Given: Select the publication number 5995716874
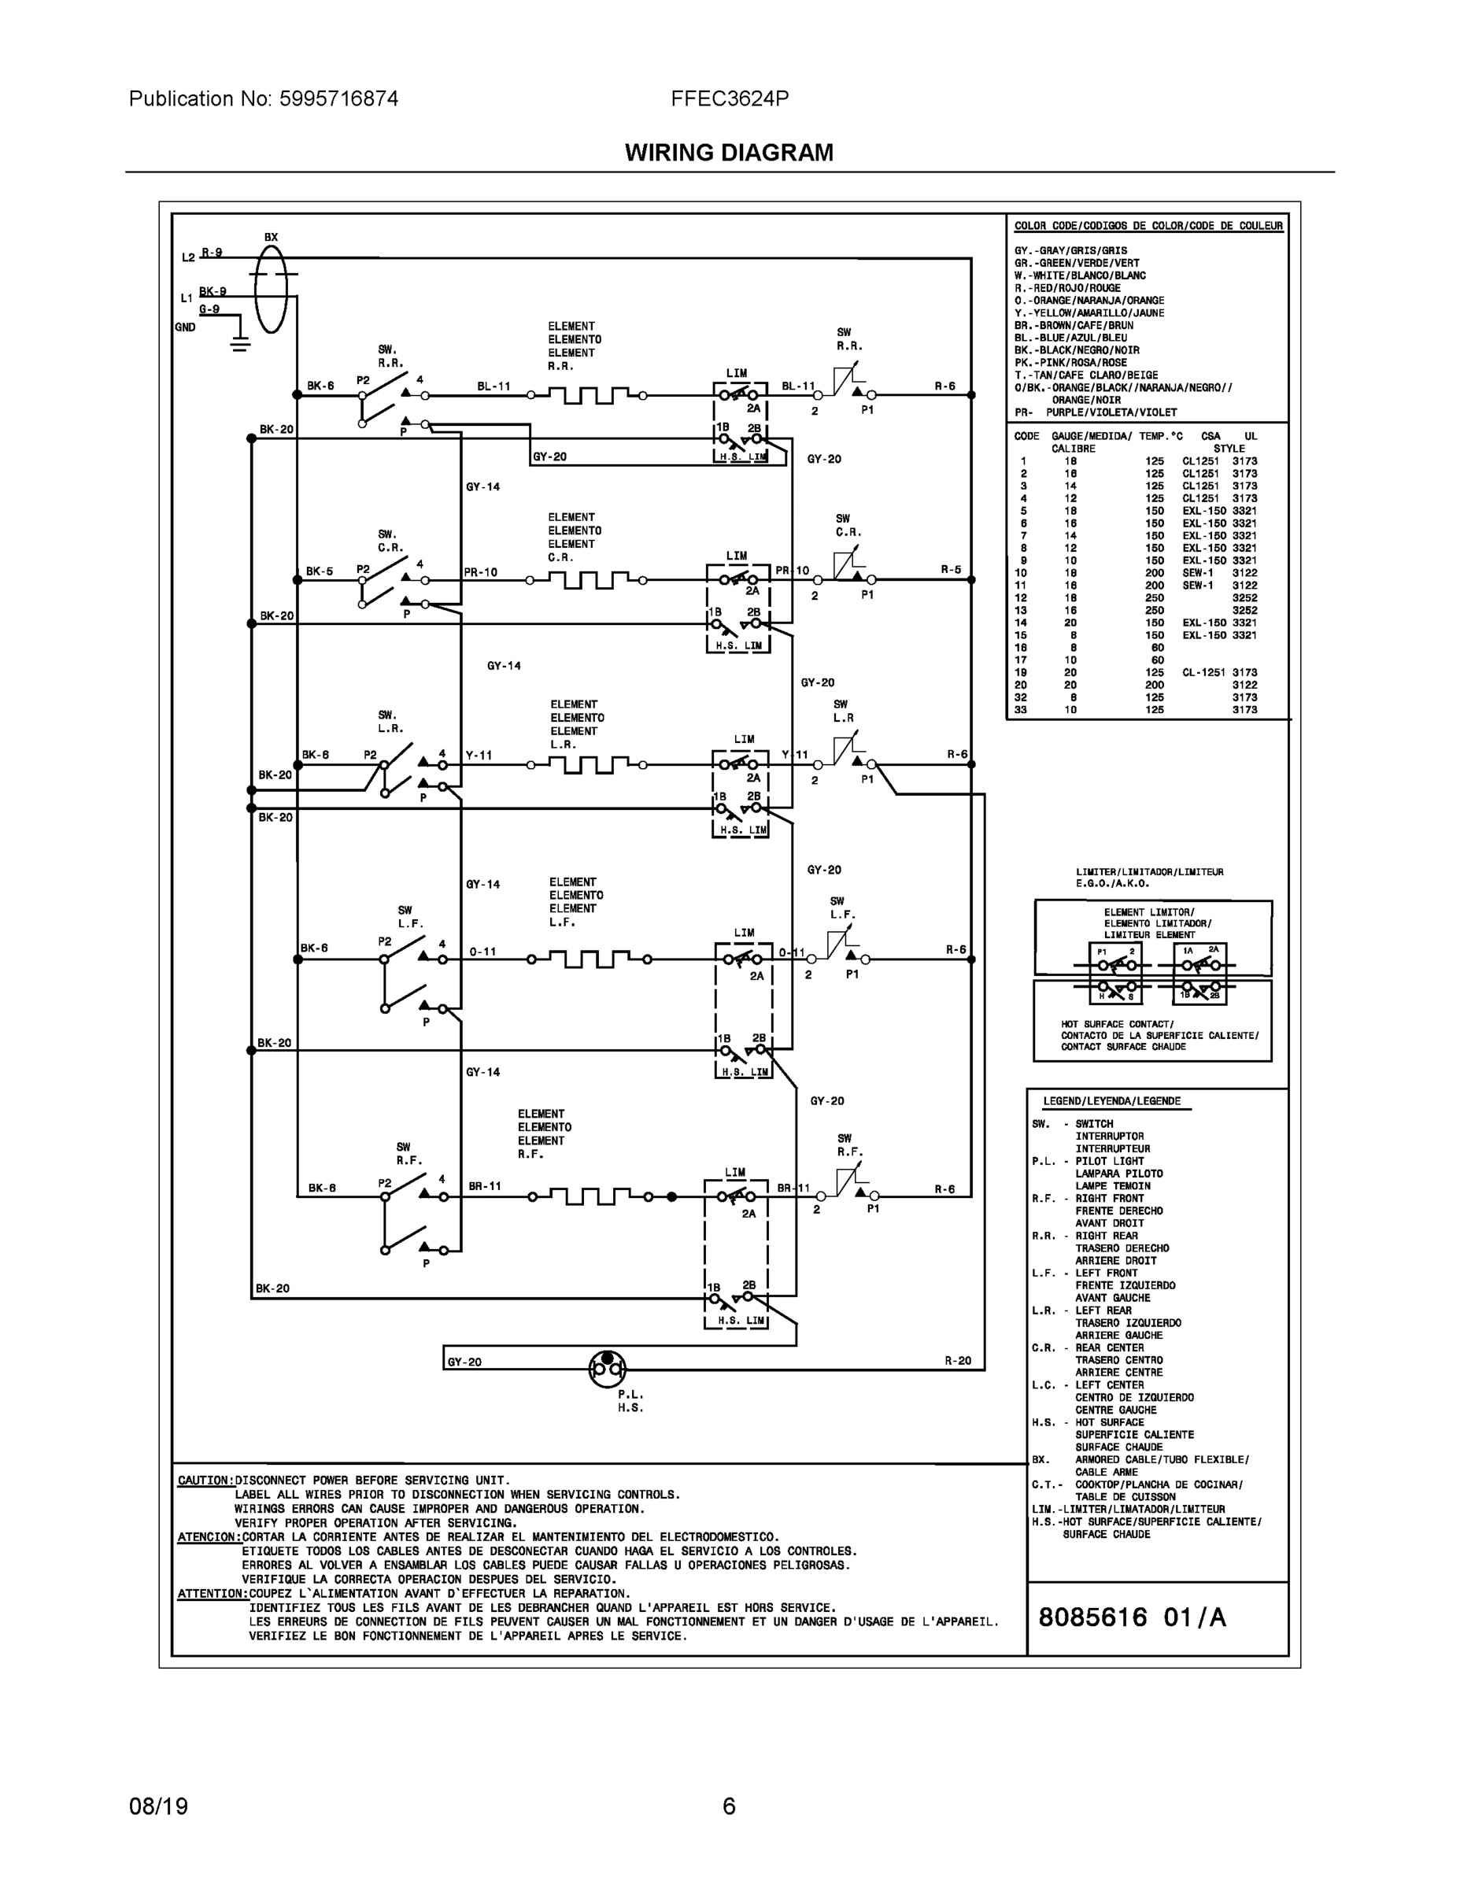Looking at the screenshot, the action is click(338, 98).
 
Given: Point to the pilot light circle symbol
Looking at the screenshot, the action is click(607, 1367).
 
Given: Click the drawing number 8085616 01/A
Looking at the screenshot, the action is click(1133, 1617).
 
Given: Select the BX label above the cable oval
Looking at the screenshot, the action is click(272, 237).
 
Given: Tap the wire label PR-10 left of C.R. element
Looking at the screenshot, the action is click(481, 571).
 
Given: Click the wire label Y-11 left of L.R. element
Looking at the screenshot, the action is click(479, 755).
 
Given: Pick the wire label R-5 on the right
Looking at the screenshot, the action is click(952, 570).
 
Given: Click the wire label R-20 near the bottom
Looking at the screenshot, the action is click(959, 1361).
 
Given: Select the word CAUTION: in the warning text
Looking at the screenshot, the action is click(206, 1480).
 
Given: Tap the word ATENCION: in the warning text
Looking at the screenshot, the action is click(209, 1537).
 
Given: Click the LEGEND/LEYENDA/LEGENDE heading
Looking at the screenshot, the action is click(1111, 1101).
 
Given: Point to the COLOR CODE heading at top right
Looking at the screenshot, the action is click(1148, 226).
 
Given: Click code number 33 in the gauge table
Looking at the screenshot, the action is click(1021, 710).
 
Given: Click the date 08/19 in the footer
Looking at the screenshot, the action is click(158, 1806).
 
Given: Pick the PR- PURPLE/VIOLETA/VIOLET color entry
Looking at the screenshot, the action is click(1096, 412).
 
